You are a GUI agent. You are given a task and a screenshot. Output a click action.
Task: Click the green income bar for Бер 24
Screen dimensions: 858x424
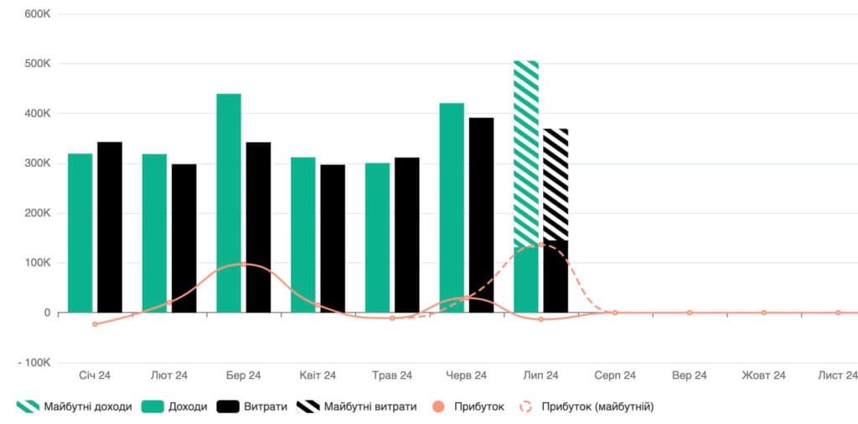(229, 203)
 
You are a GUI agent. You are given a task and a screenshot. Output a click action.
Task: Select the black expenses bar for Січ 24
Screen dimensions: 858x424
(110, 227)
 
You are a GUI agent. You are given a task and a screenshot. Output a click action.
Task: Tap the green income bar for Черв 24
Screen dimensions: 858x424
(452, 208)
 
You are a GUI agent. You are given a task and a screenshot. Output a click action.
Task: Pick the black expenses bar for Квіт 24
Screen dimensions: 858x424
(333, 239)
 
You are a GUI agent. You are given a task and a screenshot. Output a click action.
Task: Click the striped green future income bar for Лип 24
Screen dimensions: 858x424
(526, 153)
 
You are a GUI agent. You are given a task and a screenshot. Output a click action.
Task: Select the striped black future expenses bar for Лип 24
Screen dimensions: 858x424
(556, 184)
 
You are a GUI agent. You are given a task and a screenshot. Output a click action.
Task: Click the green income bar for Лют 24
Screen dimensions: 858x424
(154, 233)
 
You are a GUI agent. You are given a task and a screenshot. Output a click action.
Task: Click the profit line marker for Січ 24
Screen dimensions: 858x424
(95, 324)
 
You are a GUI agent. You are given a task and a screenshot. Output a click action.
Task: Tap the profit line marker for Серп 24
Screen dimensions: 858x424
(615, 313)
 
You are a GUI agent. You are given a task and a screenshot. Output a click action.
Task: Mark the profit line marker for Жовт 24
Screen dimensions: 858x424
(764, 313)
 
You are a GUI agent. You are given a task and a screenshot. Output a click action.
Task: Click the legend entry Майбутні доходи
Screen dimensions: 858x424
(74, 406)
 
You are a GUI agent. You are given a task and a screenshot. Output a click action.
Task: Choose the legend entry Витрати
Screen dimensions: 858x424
(252, 406)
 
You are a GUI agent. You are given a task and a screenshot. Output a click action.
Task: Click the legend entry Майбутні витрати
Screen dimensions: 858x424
(357, 406)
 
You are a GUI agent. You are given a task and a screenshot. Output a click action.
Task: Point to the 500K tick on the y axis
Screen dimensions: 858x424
(38, 64)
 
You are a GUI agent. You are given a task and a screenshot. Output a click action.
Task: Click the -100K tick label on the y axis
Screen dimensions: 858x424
(34, 364)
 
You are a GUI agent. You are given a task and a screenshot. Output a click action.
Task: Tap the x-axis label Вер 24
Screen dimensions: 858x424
(690, 376)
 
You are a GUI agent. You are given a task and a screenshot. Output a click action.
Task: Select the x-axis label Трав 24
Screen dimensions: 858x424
(392, 376)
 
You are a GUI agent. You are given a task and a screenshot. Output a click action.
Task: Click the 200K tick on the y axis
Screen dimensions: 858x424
(38, 214)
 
